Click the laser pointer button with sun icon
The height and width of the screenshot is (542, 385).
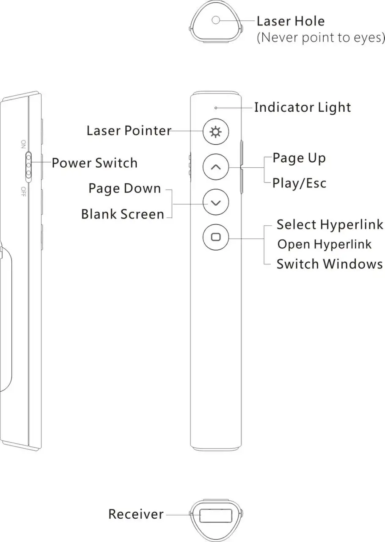pyautogui.click(x=216, y=133)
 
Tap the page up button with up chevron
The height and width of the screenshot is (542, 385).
pyautogui.click(x=216, y=167)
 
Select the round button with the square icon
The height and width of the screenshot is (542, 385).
pyautogui.click(x=216, y=237)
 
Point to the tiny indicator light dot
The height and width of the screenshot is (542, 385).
pyautogui.click(x=216, y=108)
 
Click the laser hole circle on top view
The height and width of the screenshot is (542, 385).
pyautogui.click(x=216, y=19)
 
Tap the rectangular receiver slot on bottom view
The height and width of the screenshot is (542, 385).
pyautogui.click(x=216, y=515)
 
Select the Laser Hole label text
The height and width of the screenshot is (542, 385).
pyautogui.click(x=291, y=21)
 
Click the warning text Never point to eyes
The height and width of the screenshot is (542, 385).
pyautogui.click(x=321, y=38)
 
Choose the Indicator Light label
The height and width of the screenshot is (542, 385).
pyautogui.click(x=302, y=108)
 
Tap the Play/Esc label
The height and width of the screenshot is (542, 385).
pyautogui.click(x=299, y=183)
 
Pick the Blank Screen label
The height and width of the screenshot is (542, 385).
pyautogui.click(x=123, y=214)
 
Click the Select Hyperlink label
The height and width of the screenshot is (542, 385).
pyautogui.click(x=330, y=224)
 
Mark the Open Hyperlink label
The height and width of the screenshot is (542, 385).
pyautogui.click(x=324, y=244)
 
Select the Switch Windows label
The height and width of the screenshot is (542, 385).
pyautogui.click(x=330, y=264)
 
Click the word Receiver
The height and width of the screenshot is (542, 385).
pyautogui.click(x=136, y=514)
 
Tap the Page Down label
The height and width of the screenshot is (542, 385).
pyautogui.click(x=125, y=188)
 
